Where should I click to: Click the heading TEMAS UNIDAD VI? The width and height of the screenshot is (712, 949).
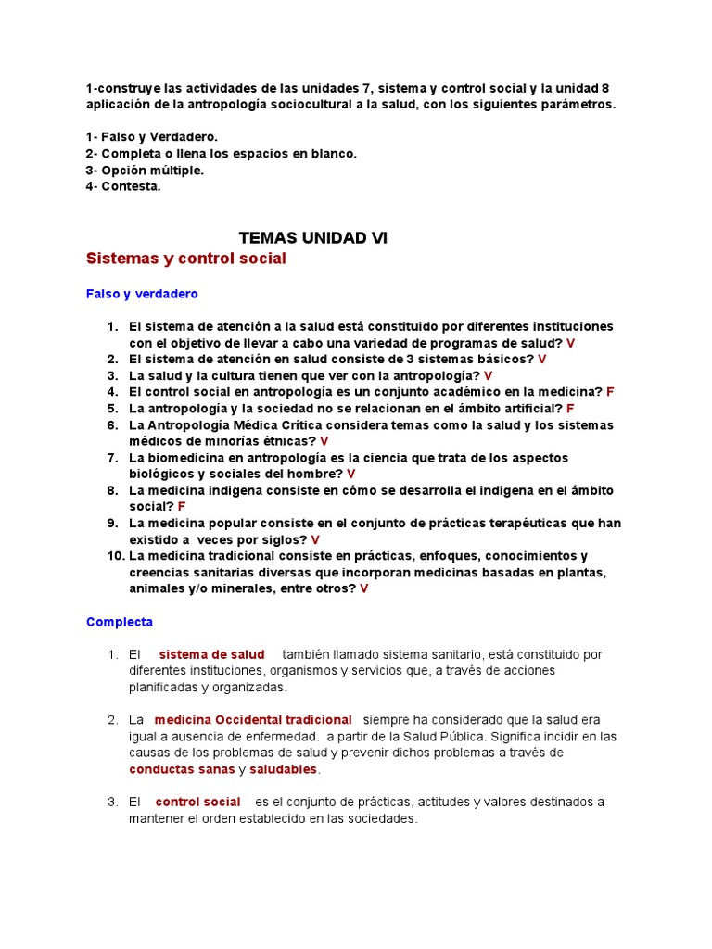(313, 238)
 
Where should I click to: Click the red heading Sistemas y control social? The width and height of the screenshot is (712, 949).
(186, 259)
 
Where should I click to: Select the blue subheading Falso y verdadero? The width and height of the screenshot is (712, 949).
(142, 294)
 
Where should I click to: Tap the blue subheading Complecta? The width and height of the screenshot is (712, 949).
(120, 622)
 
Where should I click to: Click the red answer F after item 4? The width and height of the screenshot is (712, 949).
(610, 392)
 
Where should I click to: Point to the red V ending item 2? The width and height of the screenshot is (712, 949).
(542, 360)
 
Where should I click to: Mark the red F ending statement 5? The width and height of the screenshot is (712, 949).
(570, 409)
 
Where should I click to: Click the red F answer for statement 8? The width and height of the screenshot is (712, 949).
(182, 507)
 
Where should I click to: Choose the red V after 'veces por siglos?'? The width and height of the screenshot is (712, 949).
(315, 539)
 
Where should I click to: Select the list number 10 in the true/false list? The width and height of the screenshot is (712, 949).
(115, 556)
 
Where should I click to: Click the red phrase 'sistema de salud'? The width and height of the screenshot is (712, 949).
(211, 654)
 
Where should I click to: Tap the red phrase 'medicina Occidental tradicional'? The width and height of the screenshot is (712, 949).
(253, 720)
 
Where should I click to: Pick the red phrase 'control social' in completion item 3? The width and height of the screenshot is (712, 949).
(197, 802)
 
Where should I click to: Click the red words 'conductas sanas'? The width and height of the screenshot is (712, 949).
(182, 769)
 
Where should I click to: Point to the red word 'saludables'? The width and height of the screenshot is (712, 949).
(284, 769)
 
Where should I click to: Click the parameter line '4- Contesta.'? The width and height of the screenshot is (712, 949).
(123, 186)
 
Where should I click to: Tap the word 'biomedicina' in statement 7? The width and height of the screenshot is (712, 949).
(185, 458)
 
